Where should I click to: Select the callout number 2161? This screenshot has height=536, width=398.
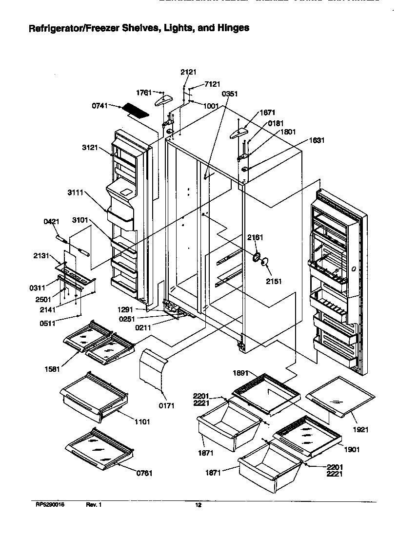point(255,237)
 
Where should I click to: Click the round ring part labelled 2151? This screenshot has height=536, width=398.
point(264,263)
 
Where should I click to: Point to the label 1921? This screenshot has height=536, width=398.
point(360,429)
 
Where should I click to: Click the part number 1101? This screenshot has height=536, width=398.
point(142,421)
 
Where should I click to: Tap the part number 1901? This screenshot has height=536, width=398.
point(352,449)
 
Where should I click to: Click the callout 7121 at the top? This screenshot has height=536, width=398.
point(212,84)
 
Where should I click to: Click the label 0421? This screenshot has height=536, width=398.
point(51,222)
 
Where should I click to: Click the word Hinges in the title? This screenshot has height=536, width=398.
point(233,28)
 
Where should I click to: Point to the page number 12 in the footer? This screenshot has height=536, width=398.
point(198,505)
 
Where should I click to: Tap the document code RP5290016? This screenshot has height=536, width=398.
point(50,505)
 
